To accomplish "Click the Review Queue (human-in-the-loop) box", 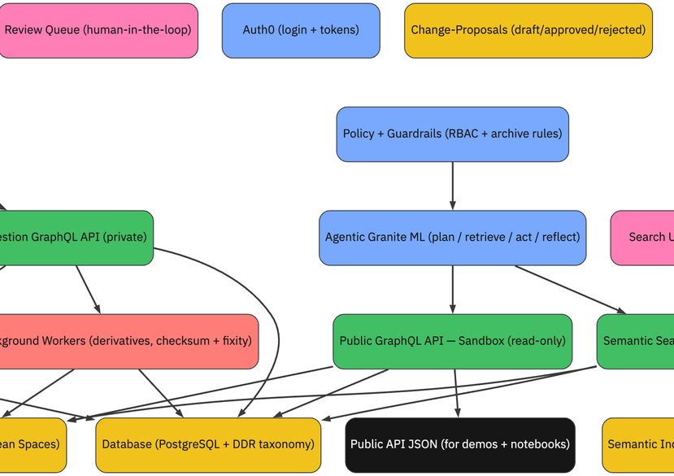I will click(x=98, y=30).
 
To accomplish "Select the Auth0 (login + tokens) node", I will click(x=301, y=30).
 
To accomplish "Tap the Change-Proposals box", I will click(x=528, y=30).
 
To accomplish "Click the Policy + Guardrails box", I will click(x=452, y=133).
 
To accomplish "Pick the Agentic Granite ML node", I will click(x=452, y=238).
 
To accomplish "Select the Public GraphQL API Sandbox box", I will click(x=452, y=341).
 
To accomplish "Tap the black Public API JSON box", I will click(x=460, y=444).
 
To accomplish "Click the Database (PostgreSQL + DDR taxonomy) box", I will click(x=208, y=444).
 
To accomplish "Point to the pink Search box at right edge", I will click(x=646, y=238).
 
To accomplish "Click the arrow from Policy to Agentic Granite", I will click(x=452, y=186).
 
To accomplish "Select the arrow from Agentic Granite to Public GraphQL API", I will click(x=452, y=290).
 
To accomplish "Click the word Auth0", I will click(x=259, y=30).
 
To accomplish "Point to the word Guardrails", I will click(x=420, y=133).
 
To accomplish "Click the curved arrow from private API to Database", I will click(x=276, y=325).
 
